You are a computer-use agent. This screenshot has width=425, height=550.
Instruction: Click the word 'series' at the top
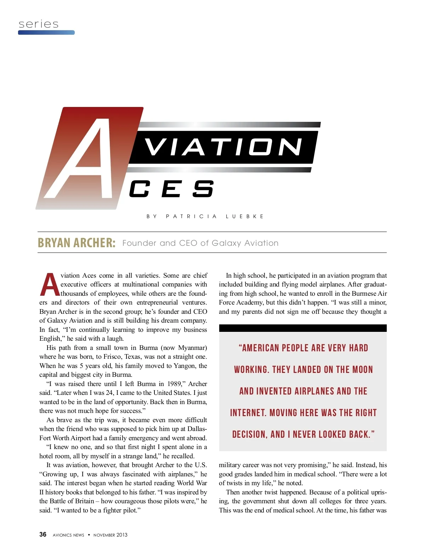point(39,24)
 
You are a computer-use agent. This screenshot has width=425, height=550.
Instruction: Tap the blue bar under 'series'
point(46,33)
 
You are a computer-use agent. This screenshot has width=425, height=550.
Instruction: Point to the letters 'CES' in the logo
point(171,189)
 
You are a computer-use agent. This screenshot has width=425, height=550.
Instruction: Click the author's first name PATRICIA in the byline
point(191,216)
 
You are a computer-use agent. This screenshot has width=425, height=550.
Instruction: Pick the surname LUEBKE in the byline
point(245,216)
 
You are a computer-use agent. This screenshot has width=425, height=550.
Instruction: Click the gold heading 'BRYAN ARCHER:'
point(76,243)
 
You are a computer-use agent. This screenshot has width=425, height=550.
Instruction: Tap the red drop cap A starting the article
point(50,285)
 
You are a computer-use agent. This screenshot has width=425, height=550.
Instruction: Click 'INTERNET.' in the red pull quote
point(248,413)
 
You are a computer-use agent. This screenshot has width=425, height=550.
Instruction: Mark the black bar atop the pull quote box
point(303,328)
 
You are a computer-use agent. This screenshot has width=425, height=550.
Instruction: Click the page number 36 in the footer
point(43,534)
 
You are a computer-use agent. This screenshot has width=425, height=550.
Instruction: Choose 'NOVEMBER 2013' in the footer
point(110,535)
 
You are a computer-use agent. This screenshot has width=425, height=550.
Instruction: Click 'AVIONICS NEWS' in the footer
point(68,535)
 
